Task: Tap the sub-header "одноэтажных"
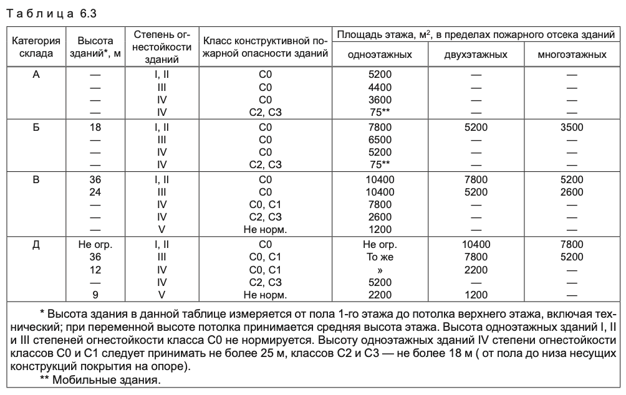pyautogui.click(x=380, y=55)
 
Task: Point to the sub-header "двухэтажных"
pyautogui.click(x=476, y=55)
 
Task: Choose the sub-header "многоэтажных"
pyautogui.click(x=572, y=55)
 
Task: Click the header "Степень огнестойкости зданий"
pyautogui.click(x=161, y=47)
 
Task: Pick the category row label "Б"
pyautogui.click(x=36, y=128)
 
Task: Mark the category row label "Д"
pyautogui.click(x=36, y=244)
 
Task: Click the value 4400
pyautogui.click(x=380, y=87)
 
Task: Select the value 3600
pyautogui.click(x=380, y=99)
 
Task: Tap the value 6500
pyautogui.click(x=380, y=140)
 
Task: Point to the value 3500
pyautogui.click(x=572, y=128)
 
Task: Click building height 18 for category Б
pyautogui.click(x=95, y=128)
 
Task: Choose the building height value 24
pyautogui.click(x=95, y=192)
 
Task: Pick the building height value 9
pyautogui.click(x=95, y=293)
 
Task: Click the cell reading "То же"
pyautogui.click(x=380, y=256)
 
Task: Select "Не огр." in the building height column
pyautogui.click(x=95, y=244)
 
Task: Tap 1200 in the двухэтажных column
pyautogui.click(x=476, y=293)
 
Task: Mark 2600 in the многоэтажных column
pyautogui.click(x=572, y=192)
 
